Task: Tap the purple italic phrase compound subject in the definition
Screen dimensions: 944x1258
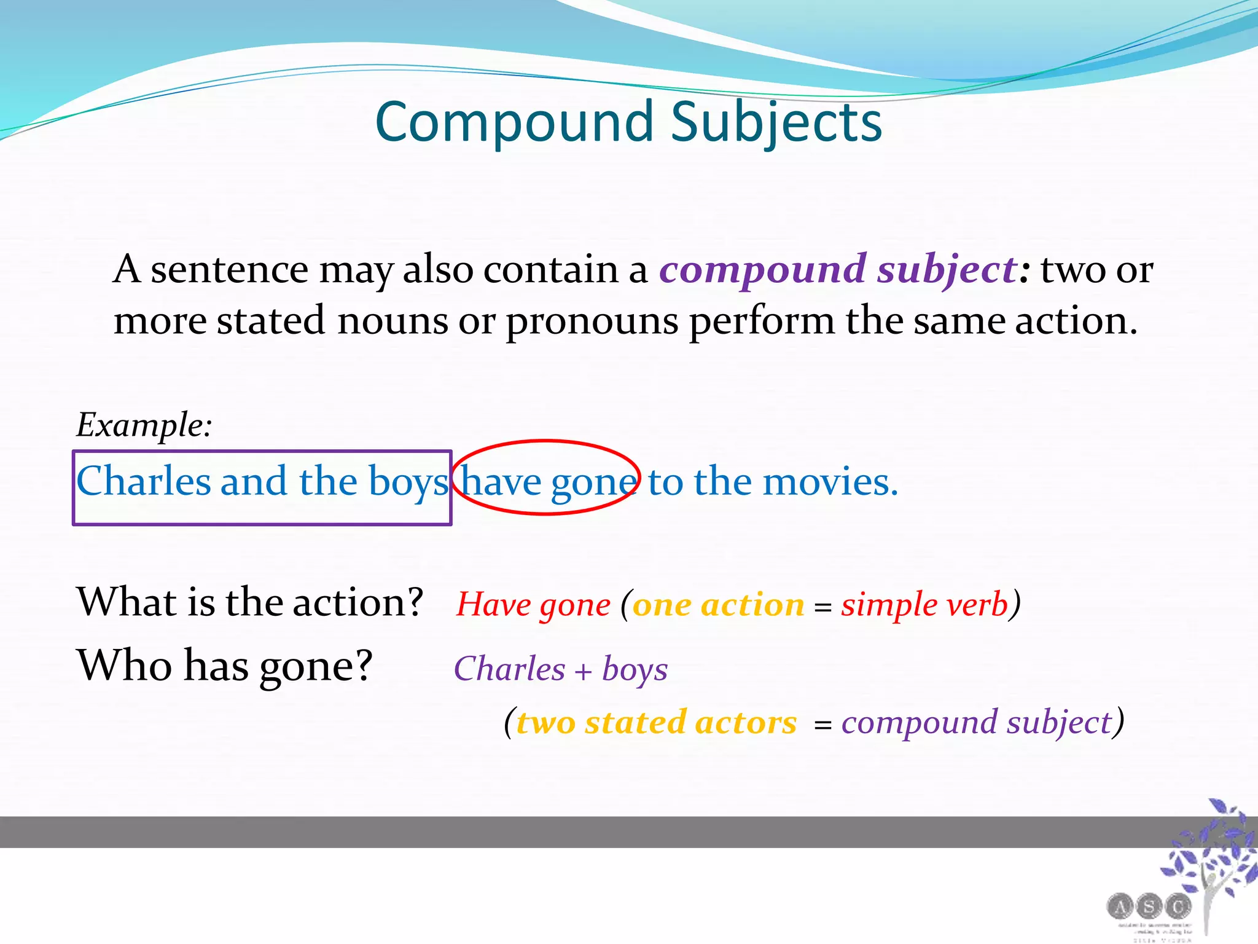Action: tap(838, 269)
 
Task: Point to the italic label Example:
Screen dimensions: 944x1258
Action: tap(144, 425)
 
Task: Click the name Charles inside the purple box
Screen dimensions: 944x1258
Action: tap(143, 481)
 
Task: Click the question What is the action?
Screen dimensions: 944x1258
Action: tap(249, 602)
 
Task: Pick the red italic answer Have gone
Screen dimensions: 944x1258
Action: tap(533, 605)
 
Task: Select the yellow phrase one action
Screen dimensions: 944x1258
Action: tap(718, 605)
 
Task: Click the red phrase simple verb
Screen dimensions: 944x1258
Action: tap(924, 605)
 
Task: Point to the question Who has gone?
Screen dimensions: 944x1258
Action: tap(224, 666)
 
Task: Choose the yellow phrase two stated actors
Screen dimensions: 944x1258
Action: tap(656, 722)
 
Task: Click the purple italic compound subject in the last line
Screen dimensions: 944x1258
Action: tap(977, 722)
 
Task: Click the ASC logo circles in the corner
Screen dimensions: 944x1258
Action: tap(1149, 906)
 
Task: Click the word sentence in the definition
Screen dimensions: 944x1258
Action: tap(229, 269)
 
